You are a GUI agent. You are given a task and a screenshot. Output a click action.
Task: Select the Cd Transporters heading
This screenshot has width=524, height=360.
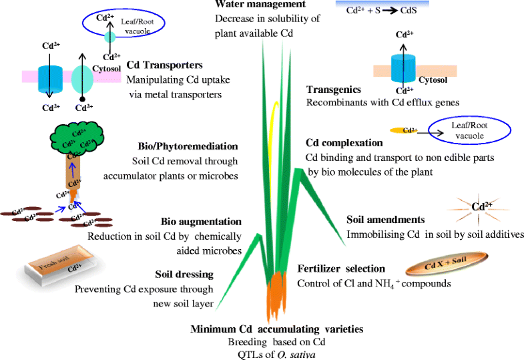[164, 65]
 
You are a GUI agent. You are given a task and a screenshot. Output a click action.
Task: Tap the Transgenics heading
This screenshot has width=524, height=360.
[334, 90]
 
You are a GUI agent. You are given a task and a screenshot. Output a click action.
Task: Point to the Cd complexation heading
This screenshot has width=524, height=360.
[344, 142]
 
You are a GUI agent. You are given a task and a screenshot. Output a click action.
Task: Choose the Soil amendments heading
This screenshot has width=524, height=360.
[386, 219]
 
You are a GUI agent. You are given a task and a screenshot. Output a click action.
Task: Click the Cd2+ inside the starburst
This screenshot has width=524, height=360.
[479, 206]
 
